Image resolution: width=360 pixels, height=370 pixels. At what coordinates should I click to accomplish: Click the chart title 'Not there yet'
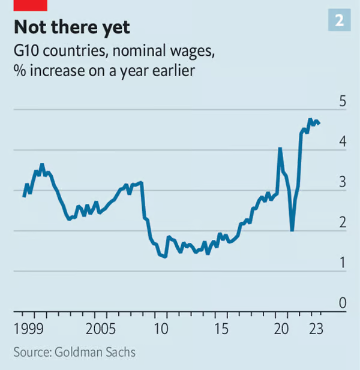click(71, 28)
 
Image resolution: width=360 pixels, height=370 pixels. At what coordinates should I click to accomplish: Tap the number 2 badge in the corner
click(339, 20)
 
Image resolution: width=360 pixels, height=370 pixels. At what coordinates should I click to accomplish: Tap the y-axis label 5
click(343, 101)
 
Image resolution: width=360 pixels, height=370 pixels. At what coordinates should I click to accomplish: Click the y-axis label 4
click(343, 142)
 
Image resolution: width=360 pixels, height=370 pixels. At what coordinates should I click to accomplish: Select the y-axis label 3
click(343, 182)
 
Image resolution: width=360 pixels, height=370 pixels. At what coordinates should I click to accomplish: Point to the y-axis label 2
click(343, 222)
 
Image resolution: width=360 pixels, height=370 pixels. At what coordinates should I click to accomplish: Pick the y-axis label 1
click(343, 263)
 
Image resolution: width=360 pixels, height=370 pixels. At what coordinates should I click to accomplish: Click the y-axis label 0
click(343, 303)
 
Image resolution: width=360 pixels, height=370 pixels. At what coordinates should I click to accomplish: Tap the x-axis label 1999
click(29, 329)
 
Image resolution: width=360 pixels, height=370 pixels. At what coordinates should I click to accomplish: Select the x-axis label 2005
click(100, 329)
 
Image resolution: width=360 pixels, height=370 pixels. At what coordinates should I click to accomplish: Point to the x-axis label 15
click(222, 329)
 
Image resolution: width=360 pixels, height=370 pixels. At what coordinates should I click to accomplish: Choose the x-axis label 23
click(316, 329)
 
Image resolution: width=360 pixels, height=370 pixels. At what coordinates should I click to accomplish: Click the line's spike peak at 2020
click(280, 148)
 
